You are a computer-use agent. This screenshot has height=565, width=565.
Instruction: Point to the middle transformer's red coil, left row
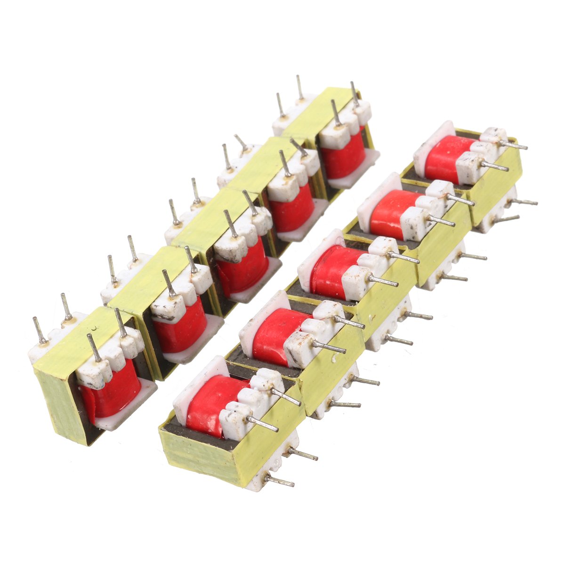coord(240,271)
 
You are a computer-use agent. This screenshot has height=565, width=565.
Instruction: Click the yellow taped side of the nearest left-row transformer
coord(64,405)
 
